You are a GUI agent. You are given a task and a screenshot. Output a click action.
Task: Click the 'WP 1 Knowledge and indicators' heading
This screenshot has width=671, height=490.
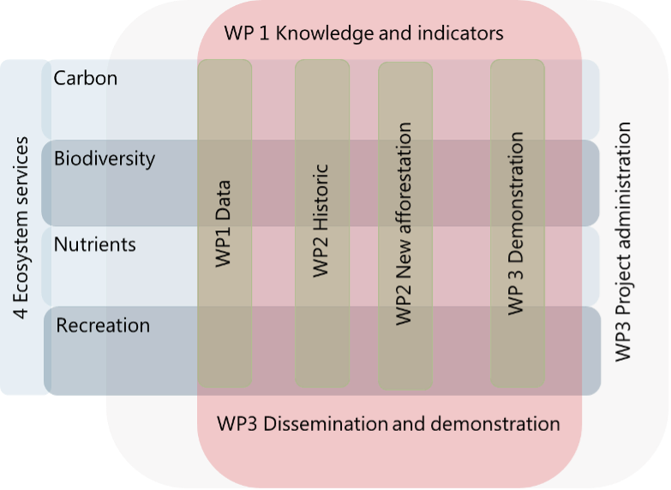[x=363, y=34]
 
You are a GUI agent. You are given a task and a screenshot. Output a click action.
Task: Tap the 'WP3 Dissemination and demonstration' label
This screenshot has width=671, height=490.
[x=388, y=424]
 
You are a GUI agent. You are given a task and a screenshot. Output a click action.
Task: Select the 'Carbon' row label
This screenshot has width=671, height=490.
[x=85, y=79]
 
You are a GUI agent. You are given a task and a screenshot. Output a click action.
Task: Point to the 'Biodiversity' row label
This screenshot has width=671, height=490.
[x=104, y=159]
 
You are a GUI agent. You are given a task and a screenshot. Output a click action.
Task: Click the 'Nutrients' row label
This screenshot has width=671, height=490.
[x=94, y=245]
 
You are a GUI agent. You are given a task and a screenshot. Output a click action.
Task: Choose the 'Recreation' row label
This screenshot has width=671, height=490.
[x=103, y=326]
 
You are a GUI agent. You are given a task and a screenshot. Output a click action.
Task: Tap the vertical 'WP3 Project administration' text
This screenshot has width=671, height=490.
[x=624, y=242]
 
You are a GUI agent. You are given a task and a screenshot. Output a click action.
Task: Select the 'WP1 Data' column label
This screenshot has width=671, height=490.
[x=225, y=223]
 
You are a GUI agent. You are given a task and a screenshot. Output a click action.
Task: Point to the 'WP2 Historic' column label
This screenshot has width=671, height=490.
[x=321, y=220]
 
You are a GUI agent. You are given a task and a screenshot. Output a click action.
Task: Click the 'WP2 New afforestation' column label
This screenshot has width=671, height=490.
[x=404, y=223]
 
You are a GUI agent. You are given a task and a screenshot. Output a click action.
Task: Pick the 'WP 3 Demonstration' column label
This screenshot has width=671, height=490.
[x=516, y=223]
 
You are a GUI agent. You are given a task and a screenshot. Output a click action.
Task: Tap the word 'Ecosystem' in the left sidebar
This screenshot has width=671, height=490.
[x=23, y=257]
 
